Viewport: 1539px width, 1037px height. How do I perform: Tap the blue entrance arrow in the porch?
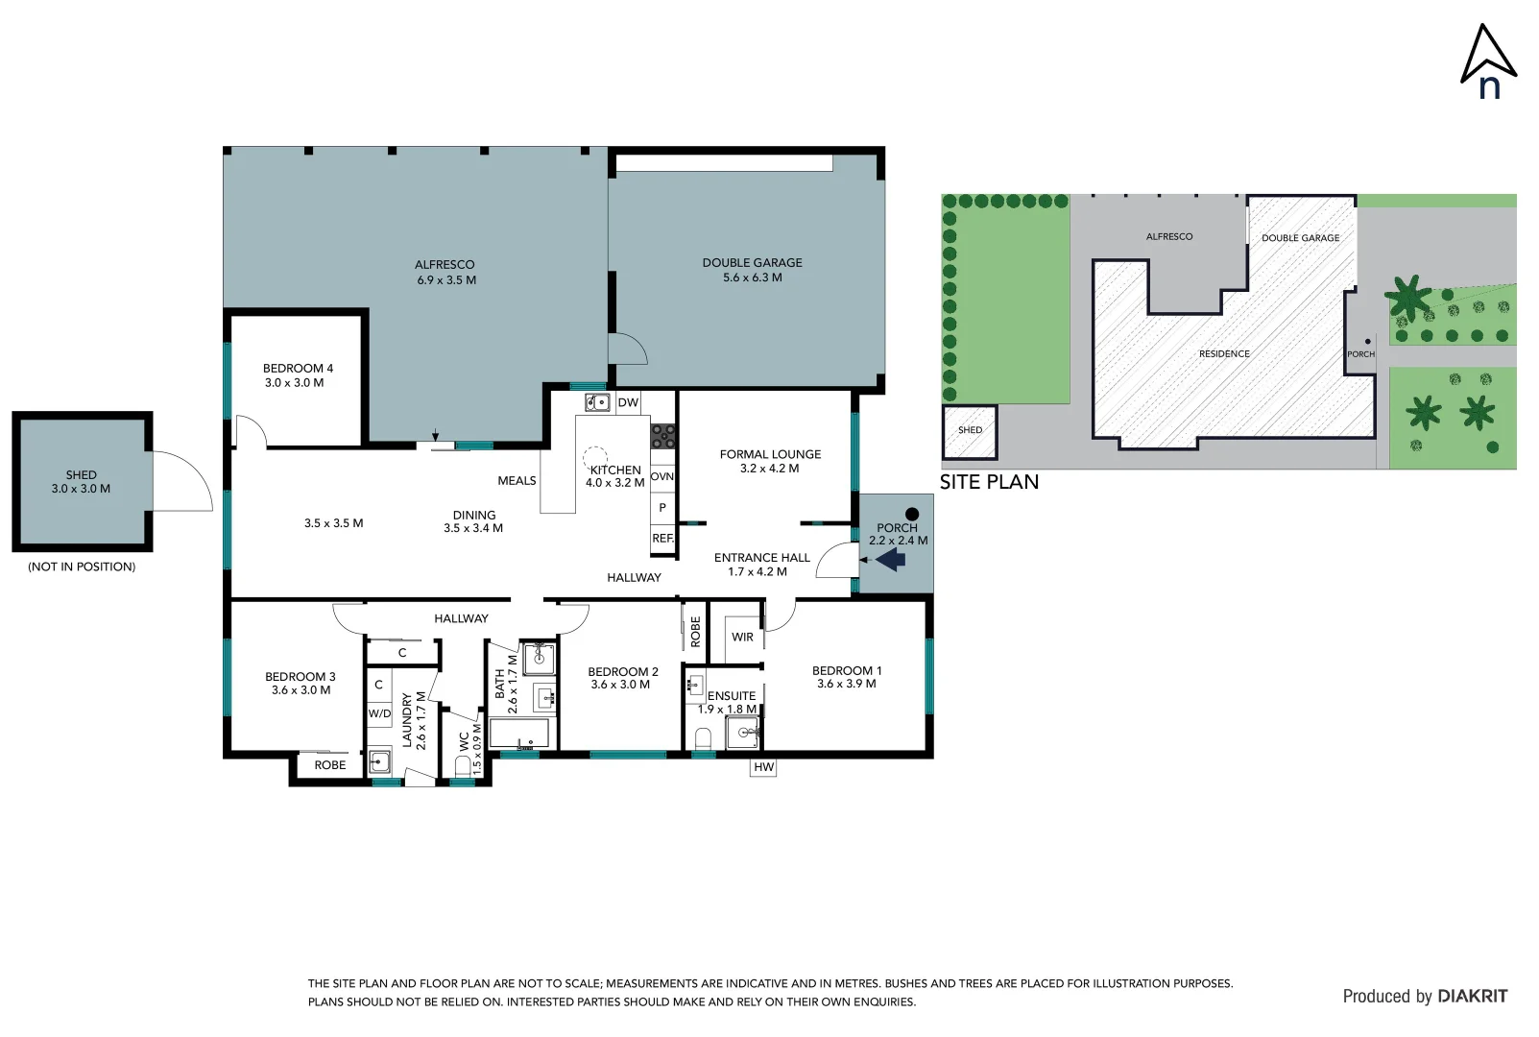coord(892,559)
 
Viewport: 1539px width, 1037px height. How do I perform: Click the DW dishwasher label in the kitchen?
coord(628,402)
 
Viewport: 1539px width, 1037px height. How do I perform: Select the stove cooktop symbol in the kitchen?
coord(662,437)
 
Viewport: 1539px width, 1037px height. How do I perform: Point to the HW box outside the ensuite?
coord(763,767)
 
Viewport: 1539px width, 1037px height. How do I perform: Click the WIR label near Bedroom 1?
coord(742,637)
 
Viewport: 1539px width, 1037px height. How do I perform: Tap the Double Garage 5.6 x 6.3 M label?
coord(752,270)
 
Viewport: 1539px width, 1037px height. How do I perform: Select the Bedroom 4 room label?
coord(298,375)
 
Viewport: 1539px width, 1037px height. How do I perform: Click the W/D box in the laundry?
coord(379,713)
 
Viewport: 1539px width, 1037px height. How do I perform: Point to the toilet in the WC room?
coord(464,766)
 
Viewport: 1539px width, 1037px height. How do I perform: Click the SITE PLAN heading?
coord(989,482)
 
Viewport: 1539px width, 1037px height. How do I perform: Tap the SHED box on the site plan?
coord(970,431)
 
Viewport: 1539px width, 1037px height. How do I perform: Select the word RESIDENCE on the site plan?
coord(1224,354)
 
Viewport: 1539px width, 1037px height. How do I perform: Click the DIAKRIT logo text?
coord(1472,997)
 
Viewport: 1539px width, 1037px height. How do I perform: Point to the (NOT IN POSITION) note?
coord(82,567)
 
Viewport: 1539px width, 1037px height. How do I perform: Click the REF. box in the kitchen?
coord(662,539)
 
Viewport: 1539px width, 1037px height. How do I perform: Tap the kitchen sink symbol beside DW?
coord(597,402)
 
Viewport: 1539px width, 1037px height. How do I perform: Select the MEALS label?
coord(517,481)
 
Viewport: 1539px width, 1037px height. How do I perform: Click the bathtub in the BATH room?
coord(519,735)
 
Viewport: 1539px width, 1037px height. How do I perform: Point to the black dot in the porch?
coord(912,515)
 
